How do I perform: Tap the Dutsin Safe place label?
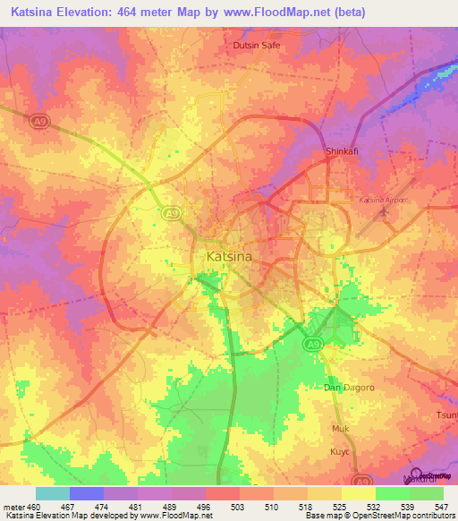[x=257, y=45]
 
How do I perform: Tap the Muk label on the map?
[x=341, y=429]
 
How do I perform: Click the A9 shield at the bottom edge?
[x=361, y=480]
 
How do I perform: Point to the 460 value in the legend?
[x=34, y=506]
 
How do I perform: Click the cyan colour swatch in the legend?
[x=52, y=493]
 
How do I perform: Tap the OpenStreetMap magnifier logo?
[x=415, y=474]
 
